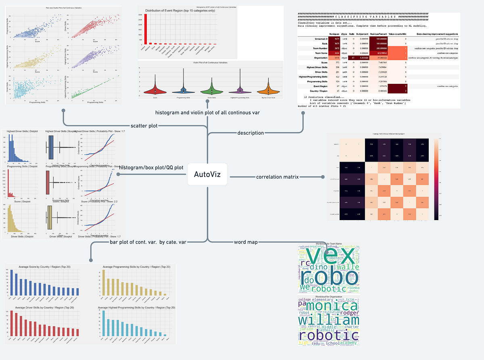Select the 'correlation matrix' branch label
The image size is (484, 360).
point(277,177)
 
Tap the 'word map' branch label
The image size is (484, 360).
point(246,242)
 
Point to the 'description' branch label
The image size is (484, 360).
point(250,133)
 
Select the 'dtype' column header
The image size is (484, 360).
point(344,35)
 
